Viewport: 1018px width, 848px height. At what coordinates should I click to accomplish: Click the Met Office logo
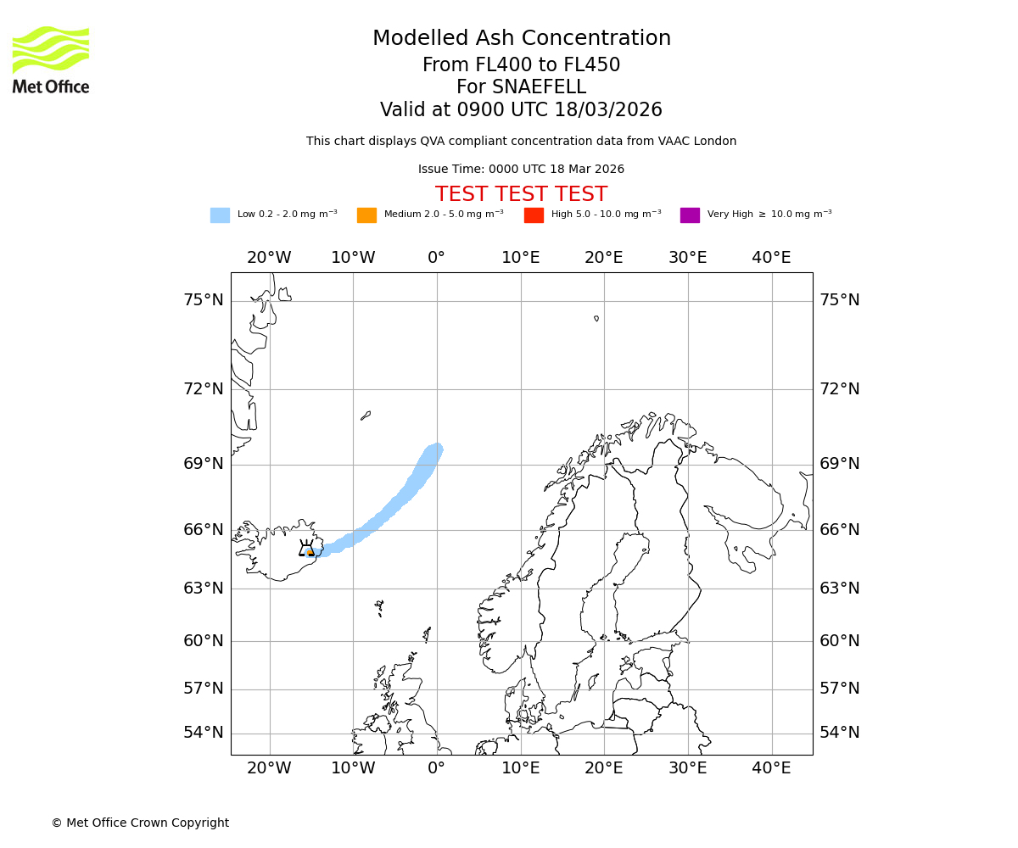click(x=51, y=59)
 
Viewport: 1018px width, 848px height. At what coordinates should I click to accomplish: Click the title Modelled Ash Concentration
click(x=522, y=39)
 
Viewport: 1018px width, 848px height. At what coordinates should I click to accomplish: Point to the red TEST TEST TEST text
click(x=521, y=194)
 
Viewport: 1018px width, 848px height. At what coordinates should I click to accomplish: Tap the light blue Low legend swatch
click(x=220, y=215)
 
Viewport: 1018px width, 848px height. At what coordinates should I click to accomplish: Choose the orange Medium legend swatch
click(x=366, y=215)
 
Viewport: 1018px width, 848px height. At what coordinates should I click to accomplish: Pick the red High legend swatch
click(x=534, y=215)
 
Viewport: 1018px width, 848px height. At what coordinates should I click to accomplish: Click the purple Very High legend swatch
click(x=690, y=215)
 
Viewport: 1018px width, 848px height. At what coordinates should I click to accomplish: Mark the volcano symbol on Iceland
click(x=306, y=549)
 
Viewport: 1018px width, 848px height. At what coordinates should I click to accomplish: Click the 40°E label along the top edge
click(x=771, y=258)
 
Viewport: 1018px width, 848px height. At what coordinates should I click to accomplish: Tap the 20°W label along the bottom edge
click(x=269, y=768)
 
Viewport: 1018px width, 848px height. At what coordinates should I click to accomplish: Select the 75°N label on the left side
click(x=204, y=300)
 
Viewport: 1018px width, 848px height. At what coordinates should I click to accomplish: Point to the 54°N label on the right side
click(x=839, y=733)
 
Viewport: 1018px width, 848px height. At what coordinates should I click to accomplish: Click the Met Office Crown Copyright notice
click(x=140, y=823)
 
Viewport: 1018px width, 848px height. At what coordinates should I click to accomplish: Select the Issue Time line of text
click(x=521, y=170)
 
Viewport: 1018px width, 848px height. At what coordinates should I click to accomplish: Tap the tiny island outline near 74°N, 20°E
click(x=596, y=319)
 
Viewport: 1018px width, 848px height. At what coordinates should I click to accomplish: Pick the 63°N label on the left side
click(x=204, y=588)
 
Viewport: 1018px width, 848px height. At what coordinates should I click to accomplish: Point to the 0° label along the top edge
click(x=436, y=258)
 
